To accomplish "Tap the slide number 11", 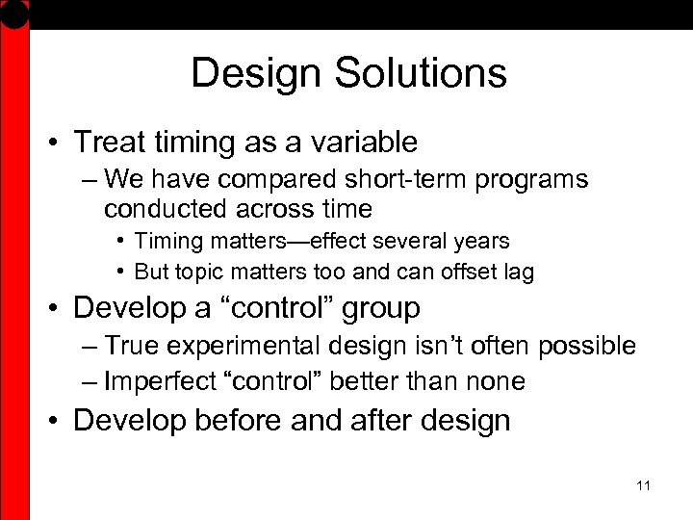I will [644, 485].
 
